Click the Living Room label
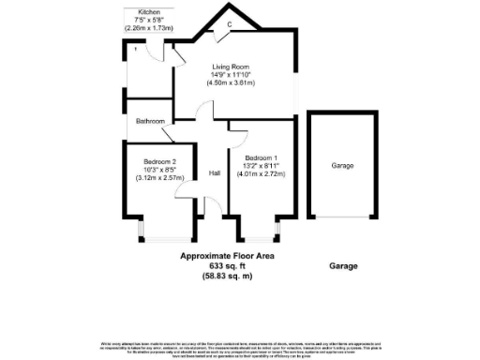[x=230, y=66]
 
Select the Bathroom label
[x=149, y=122]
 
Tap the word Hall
[x=215, y=172]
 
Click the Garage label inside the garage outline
[x=342, y=165]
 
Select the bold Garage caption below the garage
[x=344, y=267]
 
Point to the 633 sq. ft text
[x=227, y=266]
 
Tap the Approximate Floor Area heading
[x=228, y=255]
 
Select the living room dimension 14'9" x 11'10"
[x=231, y=74]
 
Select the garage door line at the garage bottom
[x=342, y=217]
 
